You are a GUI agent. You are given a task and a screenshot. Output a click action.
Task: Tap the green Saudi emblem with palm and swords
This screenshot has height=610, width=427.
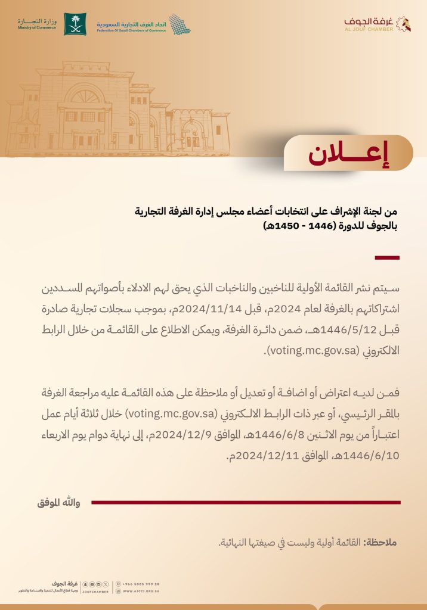pyautogui.click(x=75, y=24)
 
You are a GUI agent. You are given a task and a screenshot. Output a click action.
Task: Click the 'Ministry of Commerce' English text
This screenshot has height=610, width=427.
pyautogui.click(x=37, y=28)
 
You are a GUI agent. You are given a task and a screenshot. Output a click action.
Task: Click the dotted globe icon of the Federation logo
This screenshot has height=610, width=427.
pyautogui.click(x=179, y=24)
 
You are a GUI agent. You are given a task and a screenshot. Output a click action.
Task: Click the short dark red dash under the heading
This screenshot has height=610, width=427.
pyautogui.click(x=386, y=257)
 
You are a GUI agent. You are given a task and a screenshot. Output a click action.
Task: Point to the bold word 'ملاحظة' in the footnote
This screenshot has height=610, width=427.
pyautogui.click(x=380, y=543)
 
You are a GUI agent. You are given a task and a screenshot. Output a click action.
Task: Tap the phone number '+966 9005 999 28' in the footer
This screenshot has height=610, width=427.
pyautogui.click(x=140, y=584)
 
